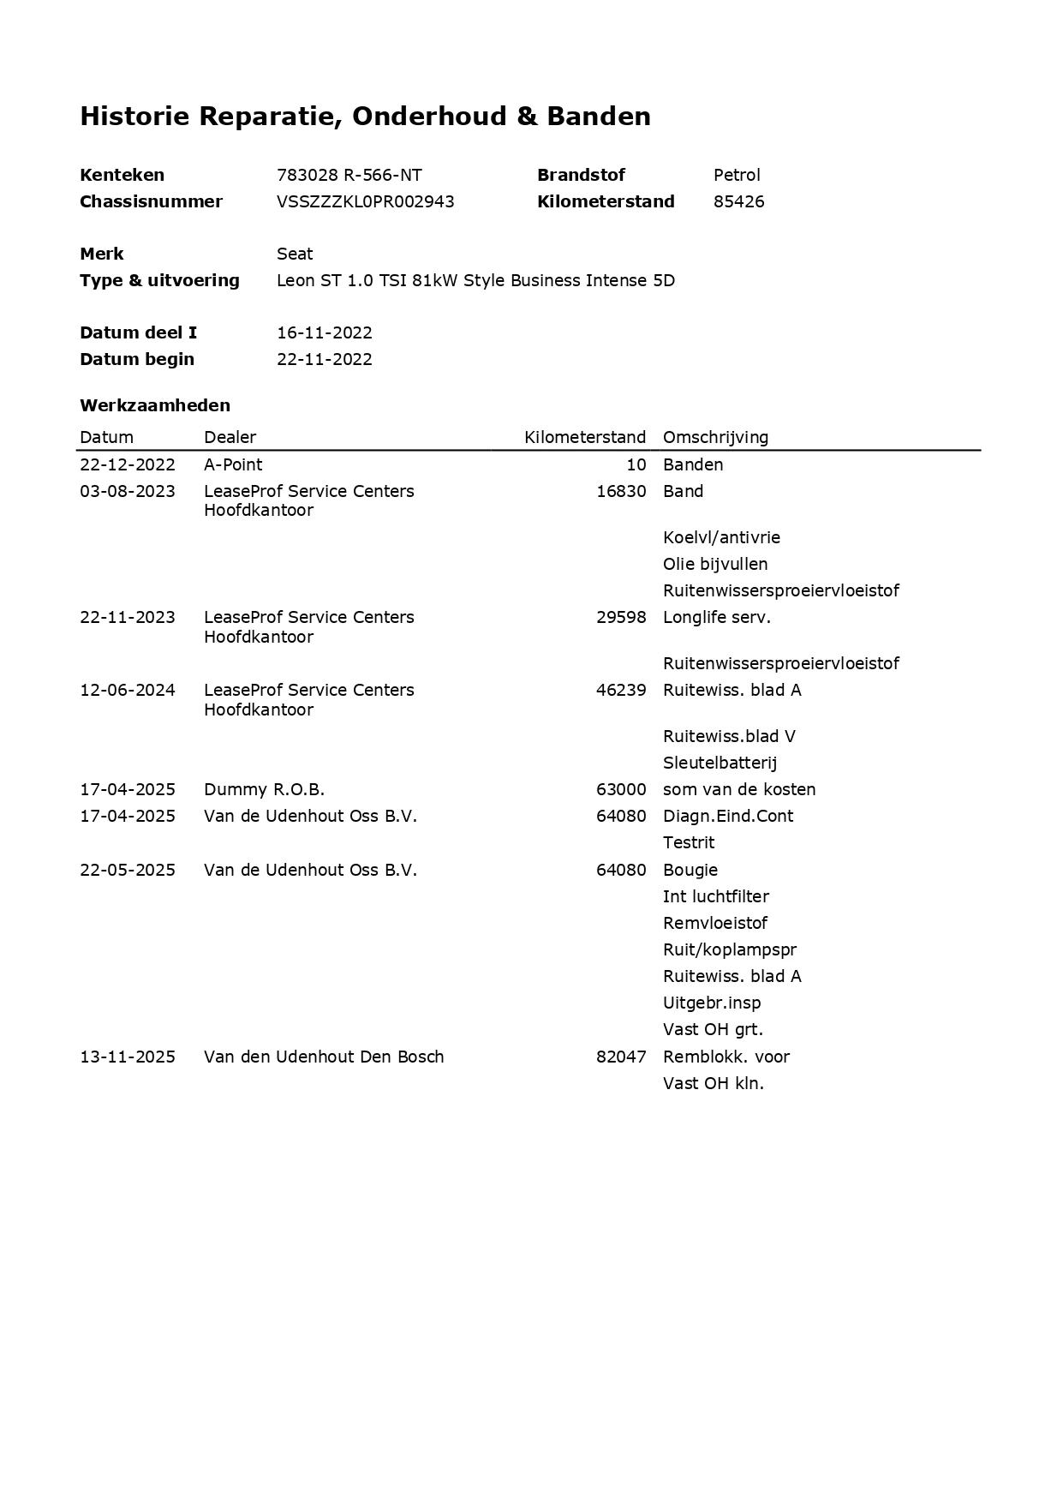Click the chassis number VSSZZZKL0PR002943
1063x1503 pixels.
point(365,201)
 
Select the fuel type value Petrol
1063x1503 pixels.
point(737,175)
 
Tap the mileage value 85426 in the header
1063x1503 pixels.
point(738,201)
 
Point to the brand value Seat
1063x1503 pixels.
point(295,254)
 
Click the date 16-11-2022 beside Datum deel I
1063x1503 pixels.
point(324,332)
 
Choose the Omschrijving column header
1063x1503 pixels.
point(715,437)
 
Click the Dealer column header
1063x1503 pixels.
point(230,437)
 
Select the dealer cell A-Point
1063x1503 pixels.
point(233,464)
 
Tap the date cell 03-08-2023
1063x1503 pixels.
point(128,491)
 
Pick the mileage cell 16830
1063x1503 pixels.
point(621,491)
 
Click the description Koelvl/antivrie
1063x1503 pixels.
point(721,537)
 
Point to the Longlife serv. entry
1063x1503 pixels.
point(716,617)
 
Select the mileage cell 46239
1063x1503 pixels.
point(621,690)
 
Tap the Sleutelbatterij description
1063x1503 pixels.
point(720,763)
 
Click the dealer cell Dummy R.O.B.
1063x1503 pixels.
point(264,789)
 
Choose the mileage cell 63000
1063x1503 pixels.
point(621,789)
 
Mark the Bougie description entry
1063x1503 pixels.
point(690,870)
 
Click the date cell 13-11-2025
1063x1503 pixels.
point(128,1057)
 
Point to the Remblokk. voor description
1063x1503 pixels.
point(726,1057)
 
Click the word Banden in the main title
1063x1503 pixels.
point(599,116)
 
